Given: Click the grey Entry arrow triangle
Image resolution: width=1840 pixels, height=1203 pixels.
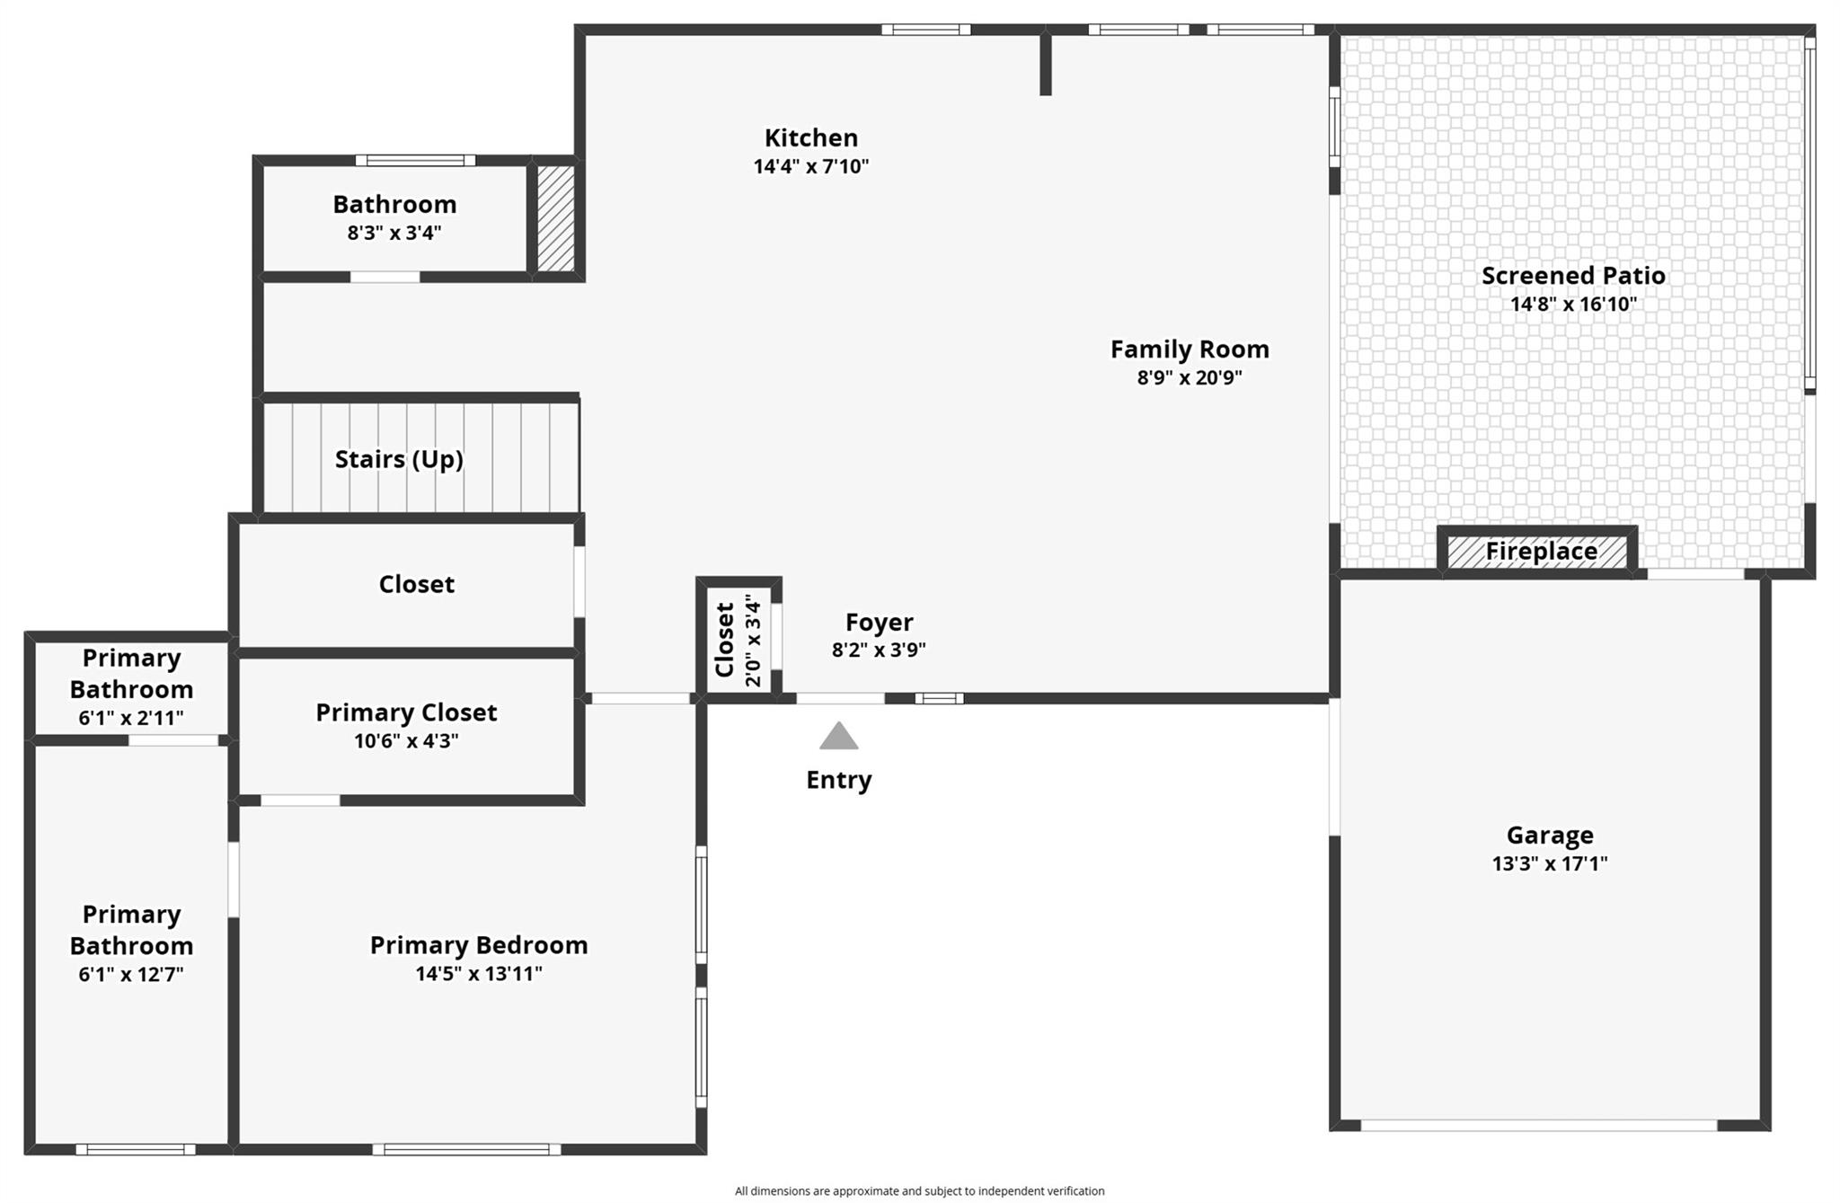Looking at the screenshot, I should (x=838, y=736).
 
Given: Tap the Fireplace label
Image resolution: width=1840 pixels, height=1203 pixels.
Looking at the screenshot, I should (x=1541, y=551).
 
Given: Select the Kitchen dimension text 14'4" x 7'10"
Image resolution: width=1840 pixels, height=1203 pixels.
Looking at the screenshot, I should (x=810, y=166).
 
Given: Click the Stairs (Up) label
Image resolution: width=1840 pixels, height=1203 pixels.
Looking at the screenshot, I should (x=399, y=459).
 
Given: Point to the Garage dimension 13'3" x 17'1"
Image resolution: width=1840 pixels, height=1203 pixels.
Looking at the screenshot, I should (x=1549, y=863).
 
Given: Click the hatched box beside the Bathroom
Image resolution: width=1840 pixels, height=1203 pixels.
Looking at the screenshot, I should (x=555, y=217).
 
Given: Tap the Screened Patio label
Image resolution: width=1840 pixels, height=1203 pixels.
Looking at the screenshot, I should (x=1572, y=275).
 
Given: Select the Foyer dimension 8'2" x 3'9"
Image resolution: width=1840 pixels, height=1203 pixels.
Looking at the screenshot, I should (x=878, y=650).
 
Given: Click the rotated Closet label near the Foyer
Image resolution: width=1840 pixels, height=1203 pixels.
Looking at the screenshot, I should (x=724, y=640).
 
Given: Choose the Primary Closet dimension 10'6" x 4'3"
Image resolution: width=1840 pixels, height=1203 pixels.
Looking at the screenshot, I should (x=406, y=741).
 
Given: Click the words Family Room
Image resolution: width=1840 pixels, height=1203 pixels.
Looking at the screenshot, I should (x=1189, y=349).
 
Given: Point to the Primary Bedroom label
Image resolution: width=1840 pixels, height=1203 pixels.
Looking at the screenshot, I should (x=479, y=944).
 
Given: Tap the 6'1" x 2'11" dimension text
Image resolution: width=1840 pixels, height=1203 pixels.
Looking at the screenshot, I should (x=131, y=718).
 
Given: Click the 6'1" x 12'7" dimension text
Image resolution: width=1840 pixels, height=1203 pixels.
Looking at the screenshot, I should (x=131, y=974).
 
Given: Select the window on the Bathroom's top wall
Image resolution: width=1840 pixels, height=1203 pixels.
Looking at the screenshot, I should (x=415, y=161).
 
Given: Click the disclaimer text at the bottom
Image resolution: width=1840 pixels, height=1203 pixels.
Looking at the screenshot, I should (x=919, y=1190).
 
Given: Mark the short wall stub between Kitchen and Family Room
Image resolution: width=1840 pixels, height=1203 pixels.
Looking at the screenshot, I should (x=1045, y=63).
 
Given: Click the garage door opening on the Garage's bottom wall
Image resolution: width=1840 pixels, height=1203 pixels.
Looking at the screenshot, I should (x=1538, y=1125).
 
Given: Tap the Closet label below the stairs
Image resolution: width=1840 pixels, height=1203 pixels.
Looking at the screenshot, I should (x=416, y=584).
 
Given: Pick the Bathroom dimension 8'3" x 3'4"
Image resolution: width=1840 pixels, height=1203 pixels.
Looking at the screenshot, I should (x=394, y=233).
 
